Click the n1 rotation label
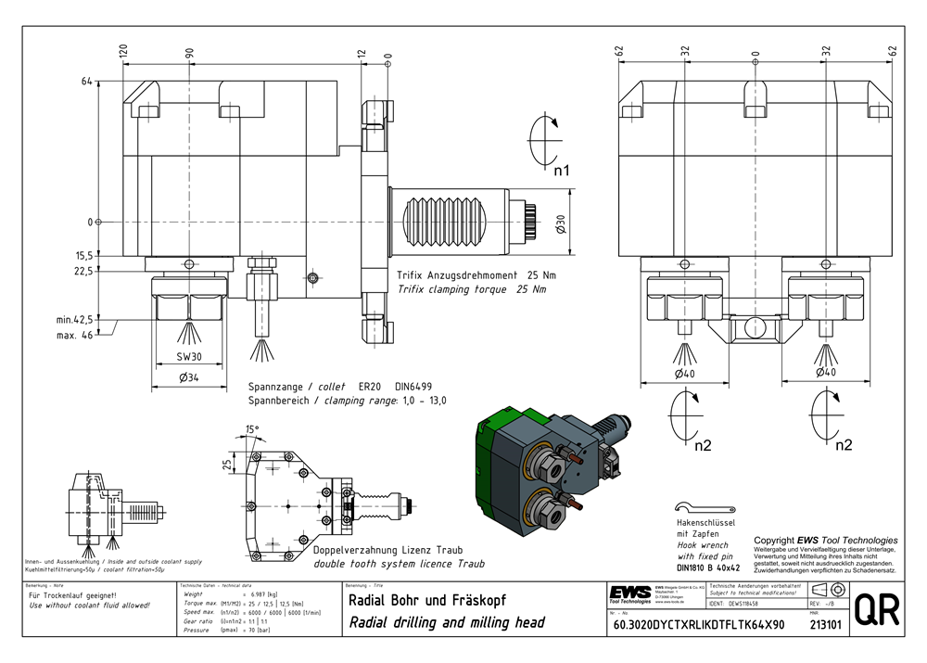[x=562, y=171]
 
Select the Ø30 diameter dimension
[x=560, y=223]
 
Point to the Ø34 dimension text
[x=188, y=376]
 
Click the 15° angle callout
[x=252, y=429]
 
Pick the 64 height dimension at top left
[x=87, y=82]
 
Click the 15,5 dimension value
[x=83, y=255]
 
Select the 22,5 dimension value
[x=83, y=272]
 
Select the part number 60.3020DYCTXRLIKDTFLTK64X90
[x=699, y=625]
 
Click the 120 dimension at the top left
[x=123, y=52]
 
